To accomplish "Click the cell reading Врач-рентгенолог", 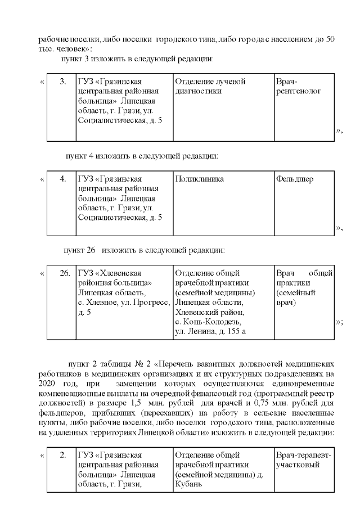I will pos(298,87).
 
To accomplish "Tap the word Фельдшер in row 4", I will pos(295,179).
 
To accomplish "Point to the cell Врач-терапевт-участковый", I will pos(304,460).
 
